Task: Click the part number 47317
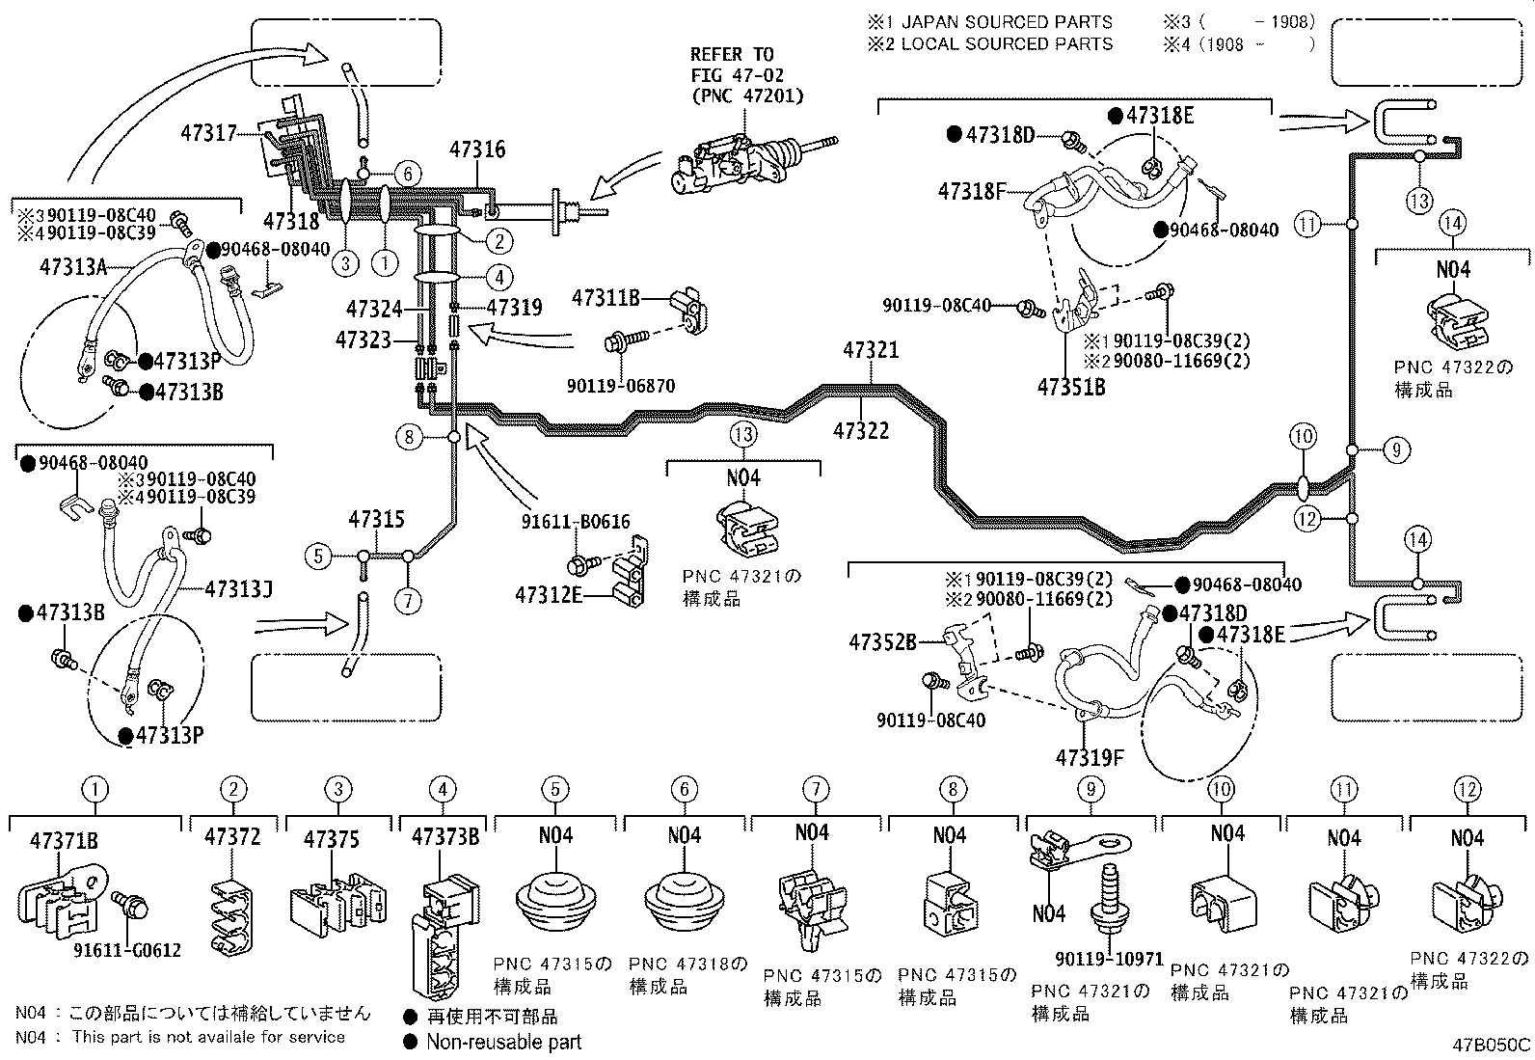click(208, 132)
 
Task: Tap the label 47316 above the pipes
click(477, 149)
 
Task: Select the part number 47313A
click(73, 266)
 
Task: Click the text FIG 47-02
click(737, 74)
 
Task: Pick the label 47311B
click(606, 298)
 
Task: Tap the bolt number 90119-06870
click(621, 386)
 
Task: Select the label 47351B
click(1071, 388)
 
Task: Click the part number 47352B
click(882, 641)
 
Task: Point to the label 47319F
click(1090, 758)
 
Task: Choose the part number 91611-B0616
click(576, 522)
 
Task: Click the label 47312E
click(549, 594)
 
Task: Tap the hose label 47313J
click(238, 588)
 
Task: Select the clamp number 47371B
click(64, 841)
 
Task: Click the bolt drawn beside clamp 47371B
click(130, 904)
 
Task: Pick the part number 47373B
click(445, 837)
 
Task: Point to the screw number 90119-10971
click(1110, 959)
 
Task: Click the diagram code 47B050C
click(1492, 1045)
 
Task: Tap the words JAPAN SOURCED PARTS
click(1008, 22)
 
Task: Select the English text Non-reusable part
click(503, 1043)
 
